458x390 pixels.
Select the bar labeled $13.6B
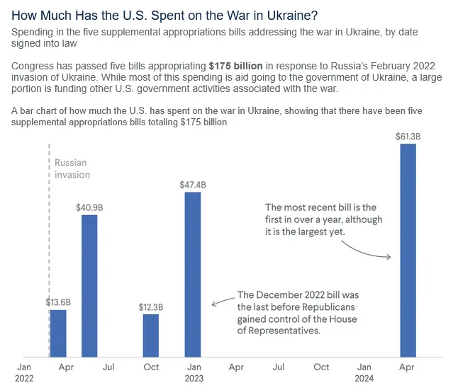coord(57,333)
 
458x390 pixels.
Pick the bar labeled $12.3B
coord(150,335)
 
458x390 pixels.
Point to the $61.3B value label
coord(408,136)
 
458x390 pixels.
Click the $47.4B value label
coord(193,185)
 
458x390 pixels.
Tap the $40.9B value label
coord(89,207)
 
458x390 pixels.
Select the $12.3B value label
coord(150,307)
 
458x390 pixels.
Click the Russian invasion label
coord(72,168)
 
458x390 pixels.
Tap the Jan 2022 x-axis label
coord(24,372)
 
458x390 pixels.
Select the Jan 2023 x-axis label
coord(194,372)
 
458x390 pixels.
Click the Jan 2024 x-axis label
coord(364,372)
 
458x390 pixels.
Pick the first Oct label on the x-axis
coord(151,367)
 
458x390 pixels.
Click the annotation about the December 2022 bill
coord(297,313)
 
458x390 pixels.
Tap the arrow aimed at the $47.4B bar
coord(223,301)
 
